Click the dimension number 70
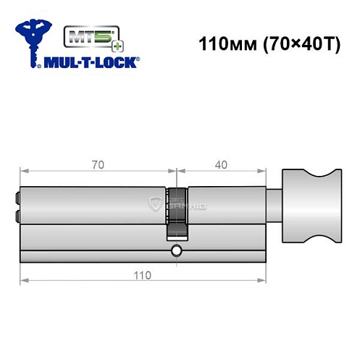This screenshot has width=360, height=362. [x=99, y=164]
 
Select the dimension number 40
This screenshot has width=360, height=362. [x=222, y=164]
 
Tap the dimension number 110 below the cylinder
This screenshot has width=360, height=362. [x=143, y=275]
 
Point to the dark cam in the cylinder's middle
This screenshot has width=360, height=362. [x=176, y=214]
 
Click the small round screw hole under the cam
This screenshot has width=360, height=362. [x=176, y=251]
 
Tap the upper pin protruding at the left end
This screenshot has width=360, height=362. [x=16, y=195]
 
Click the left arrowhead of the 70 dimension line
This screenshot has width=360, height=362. [x=24, y=172]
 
